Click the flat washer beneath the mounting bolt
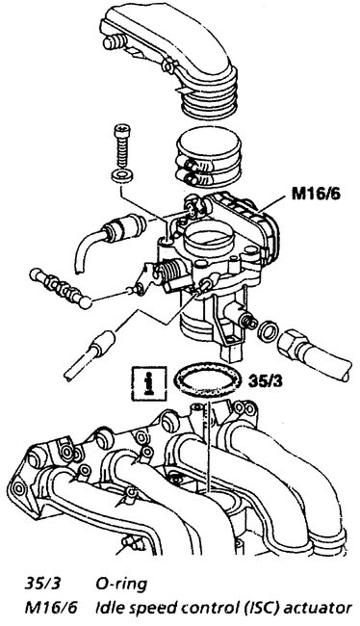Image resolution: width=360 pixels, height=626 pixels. point(123,178)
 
